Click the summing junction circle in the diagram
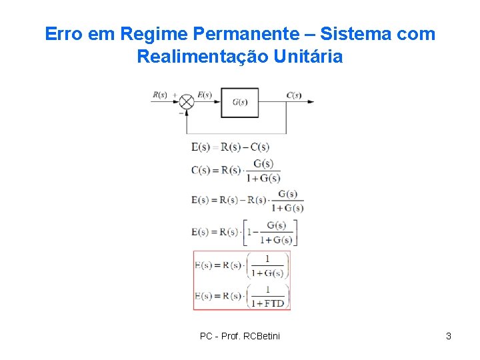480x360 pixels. tap(187, 102)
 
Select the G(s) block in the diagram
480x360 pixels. tap(240, 102)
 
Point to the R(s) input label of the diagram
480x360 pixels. tap(160, 95)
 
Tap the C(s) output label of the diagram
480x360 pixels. tap(294, 95)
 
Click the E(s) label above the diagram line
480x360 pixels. tap(204, 95)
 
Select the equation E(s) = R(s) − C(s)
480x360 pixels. tap(230, 147)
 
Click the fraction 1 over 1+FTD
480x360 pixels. tap(268, 295)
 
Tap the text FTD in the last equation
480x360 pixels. tap(274, 303)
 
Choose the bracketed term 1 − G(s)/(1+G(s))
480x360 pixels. tap(271, 232)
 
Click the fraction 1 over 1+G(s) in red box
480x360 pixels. tap(268, 265)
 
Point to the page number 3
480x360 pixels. tap(449, 336)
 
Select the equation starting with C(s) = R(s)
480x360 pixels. tap(235, 171)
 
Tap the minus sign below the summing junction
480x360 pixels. tap(181, 113)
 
